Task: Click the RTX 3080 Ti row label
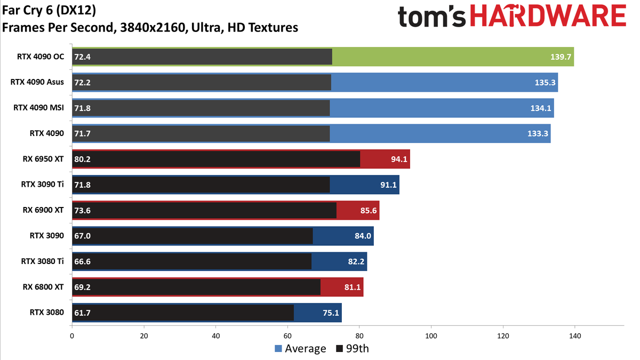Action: tap(42, 261)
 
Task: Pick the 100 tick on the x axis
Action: tap(431, 336)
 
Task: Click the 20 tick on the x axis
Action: tap(143, 336)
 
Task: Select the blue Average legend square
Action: tap(278, 349)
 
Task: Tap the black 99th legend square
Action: tap(340, 349)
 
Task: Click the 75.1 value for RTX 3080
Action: tap(331, 313)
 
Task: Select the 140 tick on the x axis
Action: tap(575, 336)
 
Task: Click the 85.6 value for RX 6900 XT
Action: tap(369, 210)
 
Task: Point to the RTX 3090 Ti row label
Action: tap(42, 185)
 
